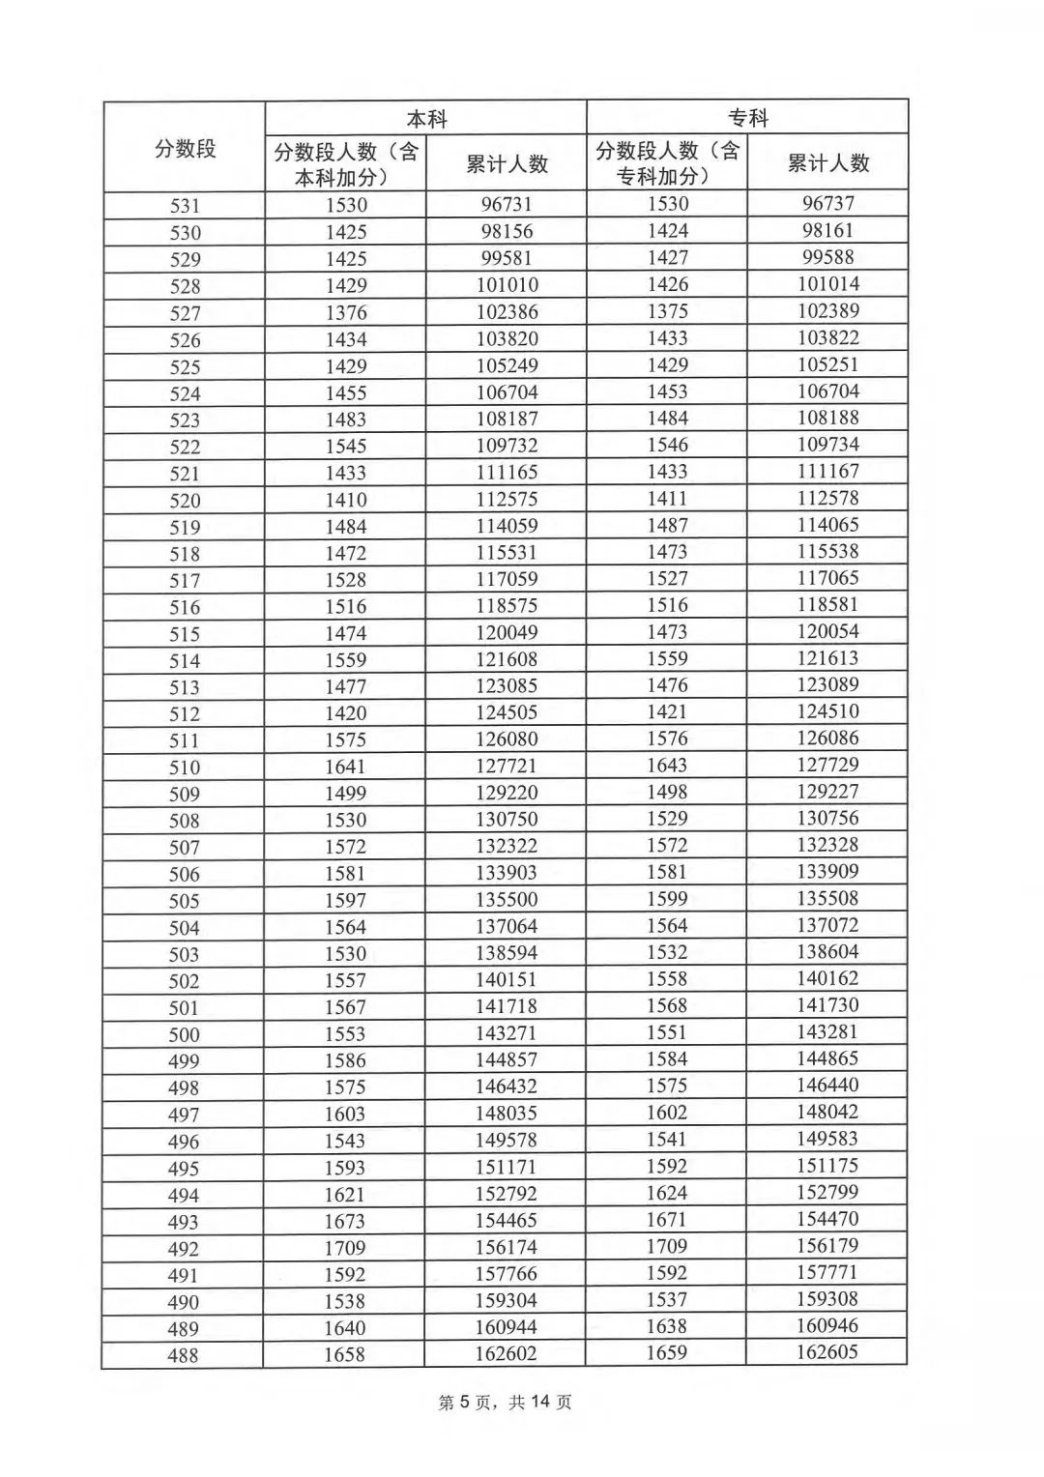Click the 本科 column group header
426,119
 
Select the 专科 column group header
747,118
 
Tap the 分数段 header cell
185,148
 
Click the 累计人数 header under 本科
507,163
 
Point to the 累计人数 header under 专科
827,162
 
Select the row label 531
185,205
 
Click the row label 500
184,1034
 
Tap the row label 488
183,1355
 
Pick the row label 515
184,634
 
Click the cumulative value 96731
507,204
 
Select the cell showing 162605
827,1351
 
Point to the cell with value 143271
506,1032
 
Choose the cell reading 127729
827,765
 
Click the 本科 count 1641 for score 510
345,767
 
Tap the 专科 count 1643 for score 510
667,765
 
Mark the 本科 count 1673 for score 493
345,1221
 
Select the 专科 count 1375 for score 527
667,311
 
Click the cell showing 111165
507,473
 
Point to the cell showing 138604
827,951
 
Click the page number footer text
506,1402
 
